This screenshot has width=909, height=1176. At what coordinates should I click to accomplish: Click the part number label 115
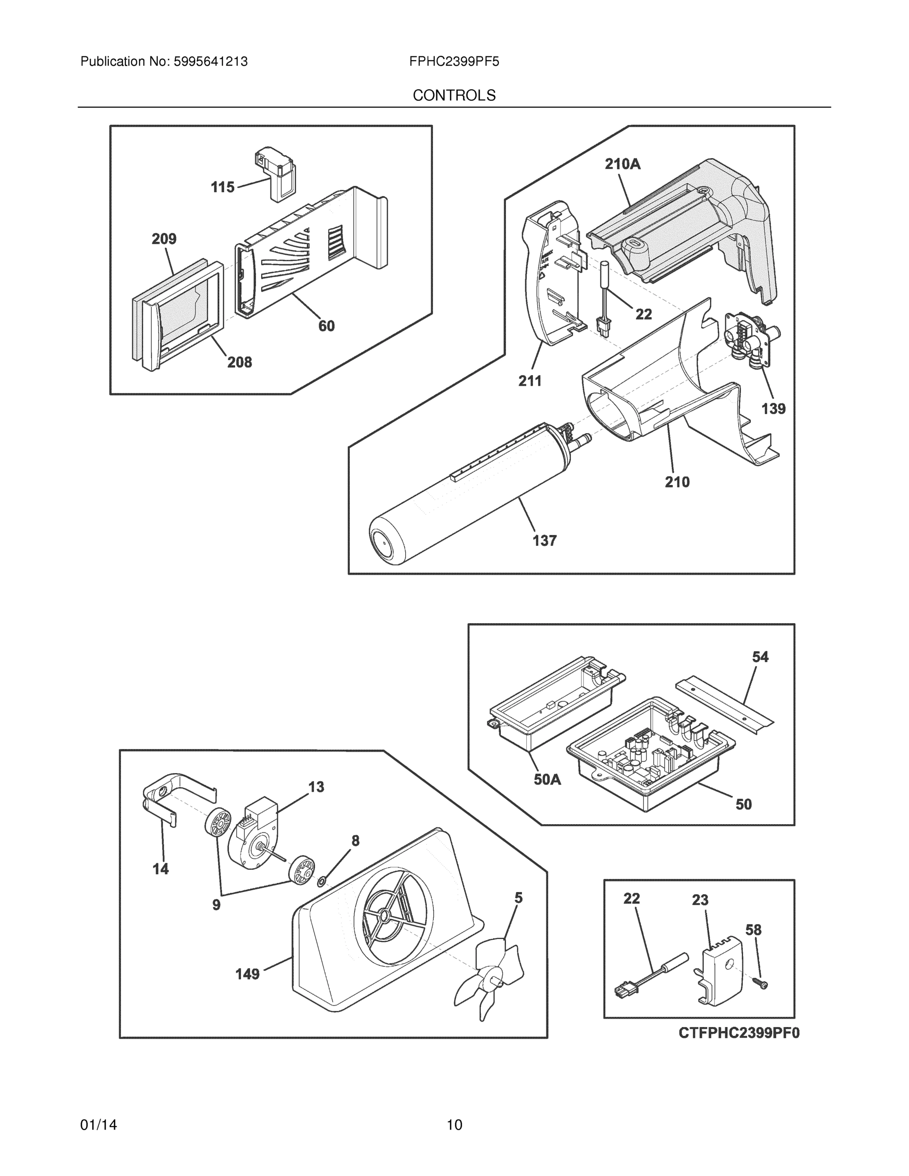click(x=222, y=187)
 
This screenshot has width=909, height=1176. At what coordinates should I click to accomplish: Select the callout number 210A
click(x=622, y=164)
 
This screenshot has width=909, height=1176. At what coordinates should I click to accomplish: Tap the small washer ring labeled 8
click(x=321, y=882)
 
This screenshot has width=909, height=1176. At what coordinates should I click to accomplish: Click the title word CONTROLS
click(x=454, y=96)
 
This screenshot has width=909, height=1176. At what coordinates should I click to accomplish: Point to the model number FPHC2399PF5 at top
click(x=454, y=61)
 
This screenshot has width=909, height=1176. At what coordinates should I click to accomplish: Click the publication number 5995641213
click(x=210, y=61)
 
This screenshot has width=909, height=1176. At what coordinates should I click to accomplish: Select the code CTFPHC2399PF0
click(x=739, y=1033)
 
